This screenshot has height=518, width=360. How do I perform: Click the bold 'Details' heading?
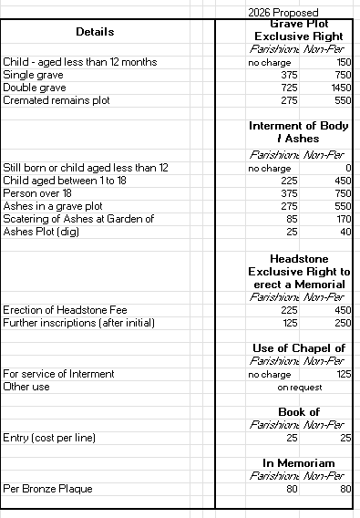pyautogui.click(x=95, y=32)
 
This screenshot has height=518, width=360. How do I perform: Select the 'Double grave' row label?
pyautogui.click(x=34, y=87)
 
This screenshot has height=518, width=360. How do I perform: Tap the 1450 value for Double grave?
pyautogui.click(x=339, y=87)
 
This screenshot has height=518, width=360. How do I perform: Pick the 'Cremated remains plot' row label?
pyautogui.click(x=57, y=99)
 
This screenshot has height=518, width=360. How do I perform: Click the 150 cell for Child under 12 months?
pyautogui.click(x=344, y=61)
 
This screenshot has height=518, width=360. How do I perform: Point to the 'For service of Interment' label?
pyautogui.click(x=59, y=374)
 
